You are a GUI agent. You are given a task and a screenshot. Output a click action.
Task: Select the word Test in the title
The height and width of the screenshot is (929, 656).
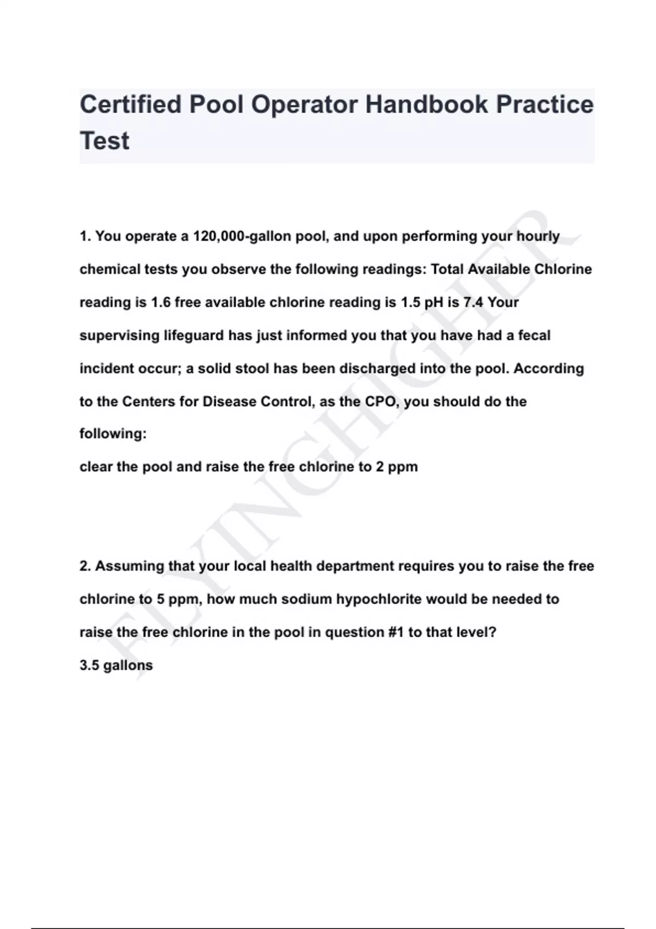[x=104, y=141]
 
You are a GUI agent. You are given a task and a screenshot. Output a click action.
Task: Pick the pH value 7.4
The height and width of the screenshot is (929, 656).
[x=473, y=302]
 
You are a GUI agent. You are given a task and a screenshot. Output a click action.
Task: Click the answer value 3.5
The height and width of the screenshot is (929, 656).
[x=89, y=666]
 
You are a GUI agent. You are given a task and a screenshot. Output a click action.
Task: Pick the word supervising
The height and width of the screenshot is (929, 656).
[x=119, y=336]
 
